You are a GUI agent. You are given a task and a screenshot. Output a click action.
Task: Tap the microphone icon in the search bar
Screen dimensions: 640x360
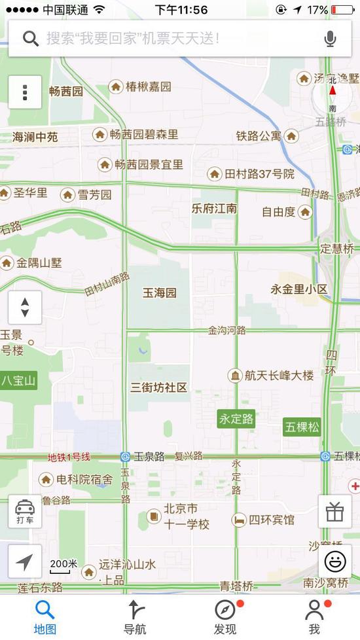click(x=331, y=39)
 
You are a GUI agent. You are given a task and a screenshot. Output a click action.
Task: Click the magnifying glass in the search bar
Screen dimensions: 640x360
click(x=30, y=39)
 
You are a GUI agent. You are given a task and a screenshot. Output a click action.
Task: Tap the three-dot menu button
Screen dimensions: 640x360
click(x=25, y=92)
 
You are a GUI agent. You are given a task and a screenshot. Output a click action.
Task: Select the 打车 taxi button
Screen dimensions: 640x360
click(x=25, y=511)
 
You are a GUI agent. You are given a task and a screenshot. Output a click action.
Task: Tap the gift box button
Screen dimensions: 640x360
click(x=334, y=511)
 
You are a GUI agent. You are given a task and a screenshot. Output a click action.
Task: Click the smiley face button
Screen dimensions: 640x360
click(x=334, y=561)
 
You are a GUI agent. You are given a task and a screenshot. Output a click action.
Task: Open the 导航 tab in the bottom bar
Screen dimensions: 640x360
click(x=135, y=617)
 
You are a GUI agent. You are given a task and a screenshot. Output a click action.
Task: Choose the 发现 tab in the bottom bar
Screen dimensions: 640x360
click(x=225, y=617)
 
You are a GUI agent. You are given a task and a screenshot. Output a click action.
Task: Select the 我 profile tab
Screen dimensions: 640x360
click(x=315, y=617)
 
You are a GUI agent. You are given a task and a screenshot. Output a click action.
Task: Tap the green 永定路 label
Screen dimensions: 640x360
click(x=236, y=419)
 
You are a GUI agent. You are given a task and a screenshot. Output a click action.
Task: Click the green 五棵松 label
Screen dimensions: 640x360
click(x=302, y=427)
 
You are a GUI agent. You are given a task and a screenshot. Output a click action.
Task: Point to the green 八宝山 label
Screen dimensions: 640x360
click(x=18, y=380)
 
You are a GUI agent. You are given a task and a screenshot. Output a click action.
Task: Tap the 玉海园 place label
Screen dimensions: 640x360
click(x=160, y=293)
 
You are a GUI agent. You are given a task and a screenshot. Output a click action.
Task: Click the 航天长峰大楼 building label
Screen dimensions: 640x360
click(x=270, y=376)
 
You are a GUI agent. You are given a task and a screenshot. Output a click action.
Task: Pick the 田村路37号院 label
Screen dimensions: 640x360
click(x=251, y=174)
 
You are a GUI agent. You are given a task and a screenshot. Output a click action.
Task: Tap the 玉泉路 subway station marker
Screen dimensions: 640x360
click(x=125, y=457)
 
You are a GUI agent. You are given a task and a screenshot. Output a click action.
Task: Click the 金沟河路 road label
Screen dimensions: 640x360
click(x=227, y=330)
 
